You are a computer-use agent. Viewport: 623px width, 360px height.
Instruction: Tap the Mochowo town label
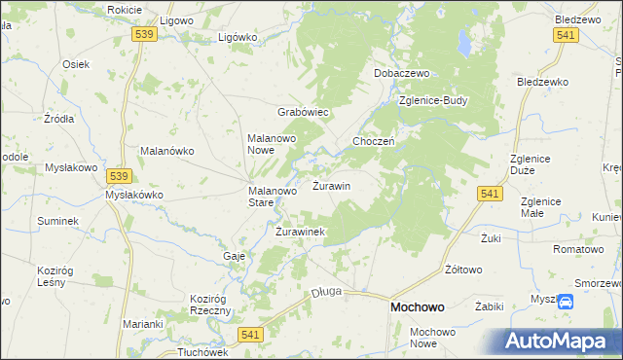coord(418,306)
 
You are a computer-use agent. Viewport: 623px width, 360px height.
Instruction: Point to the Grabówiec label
coord(306,112)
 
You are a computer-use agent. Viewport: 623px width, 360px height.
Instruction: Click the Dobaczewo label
coord(402,73)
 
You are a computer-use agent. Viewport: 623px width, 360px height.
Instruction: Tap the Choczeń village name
coord(373,141)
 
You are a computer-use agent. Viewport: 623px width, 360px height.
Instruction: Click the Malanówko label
coord(168,151)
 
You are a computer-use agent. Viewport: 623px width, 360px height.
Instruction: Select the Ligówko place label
coord(238,37)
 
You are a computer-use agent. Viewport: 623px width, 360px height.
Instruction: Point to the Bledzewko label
coord(542,82)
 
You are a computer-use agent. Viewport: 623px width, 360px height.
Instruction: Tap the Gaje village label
coord(234,255)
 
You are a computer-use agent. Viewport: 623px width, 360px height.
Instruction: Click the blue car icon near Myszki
coord(567,302)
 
